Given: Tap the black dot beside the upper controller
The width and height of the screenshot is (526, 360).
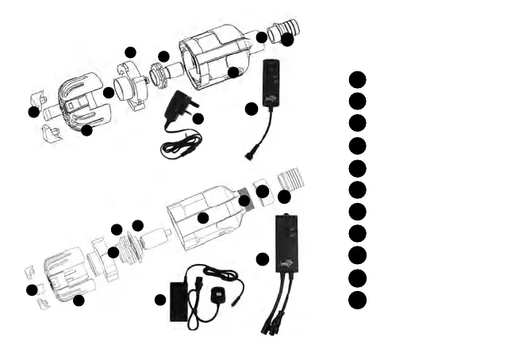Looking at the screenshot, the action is point(251,109).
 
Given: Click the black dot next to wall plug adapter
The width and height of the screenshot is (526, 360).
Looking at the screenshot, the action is point(198,119).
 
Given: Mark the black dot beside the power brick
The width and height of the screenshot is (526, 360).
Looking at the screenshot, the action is point(160,300).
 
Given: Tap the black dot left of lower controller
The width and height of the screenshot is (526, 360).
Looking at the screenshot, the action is point(263,259).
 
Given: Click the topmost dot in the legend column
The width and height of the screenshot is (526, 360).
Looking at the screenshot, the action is point(357,79).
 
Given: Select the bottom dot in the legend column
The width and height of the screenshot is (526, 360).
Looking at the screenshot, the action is point(357,299).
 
